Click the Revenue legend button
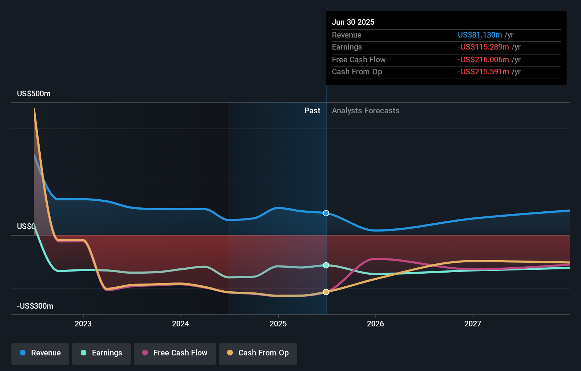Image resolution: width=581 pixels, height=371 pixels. click(x=40, y=353)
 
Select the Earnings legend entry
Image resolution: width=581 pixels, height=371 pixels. click(x=102, y=353)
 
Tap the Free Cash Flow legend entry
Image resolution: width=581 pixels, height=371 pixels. click(x=175, y=353)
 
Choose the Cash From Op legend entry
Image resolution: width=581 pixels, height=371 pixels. click(x=258, y=353)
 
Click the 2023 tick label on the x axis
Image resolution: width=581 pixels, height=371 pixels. click(x=83, y=324)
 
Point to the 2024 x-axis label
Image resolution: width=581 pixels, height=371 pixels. click(x=180, y=324)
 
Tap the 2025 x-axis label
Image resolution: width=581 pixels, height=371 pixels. click(x=278, y=324)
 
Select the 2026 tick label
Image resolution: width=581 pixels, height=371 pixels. click(x=375, y=324)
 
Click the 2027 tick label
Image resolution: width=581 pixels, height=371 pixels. click(x=473, y=324)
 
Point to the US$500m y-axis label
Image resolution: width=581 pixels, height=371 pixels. click(x=34, y=94)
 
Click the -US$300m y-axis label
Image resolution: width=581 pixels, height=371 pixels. click(x=35, y=306)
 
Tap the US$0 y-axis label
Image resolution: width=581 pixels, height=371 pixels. click(x=26, y=227)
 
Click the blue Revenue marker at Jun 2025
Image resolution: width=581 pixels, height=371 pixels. click(x=326, y=213)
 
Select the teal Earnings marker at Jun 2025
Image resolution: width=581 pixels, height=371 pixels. click(x=326, y=265)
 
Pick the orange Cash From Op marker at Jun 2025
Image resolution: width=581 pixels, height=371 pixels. click(x=326, y=292)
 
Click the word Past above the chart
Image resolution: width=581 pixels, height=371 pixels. click(x=312, y=111)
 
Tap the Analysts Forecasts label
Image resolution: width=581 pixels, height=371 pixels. click(x=366, y=111)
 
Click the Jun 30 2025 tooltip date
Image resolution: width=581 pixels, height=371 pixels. click(x=353, y=22)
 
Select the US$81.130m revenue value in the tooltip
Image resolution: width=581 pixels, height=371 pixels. click(x=480, y=35)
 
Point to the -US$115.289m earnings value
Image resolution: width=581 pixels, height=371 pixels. click(x=483, y=47)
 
